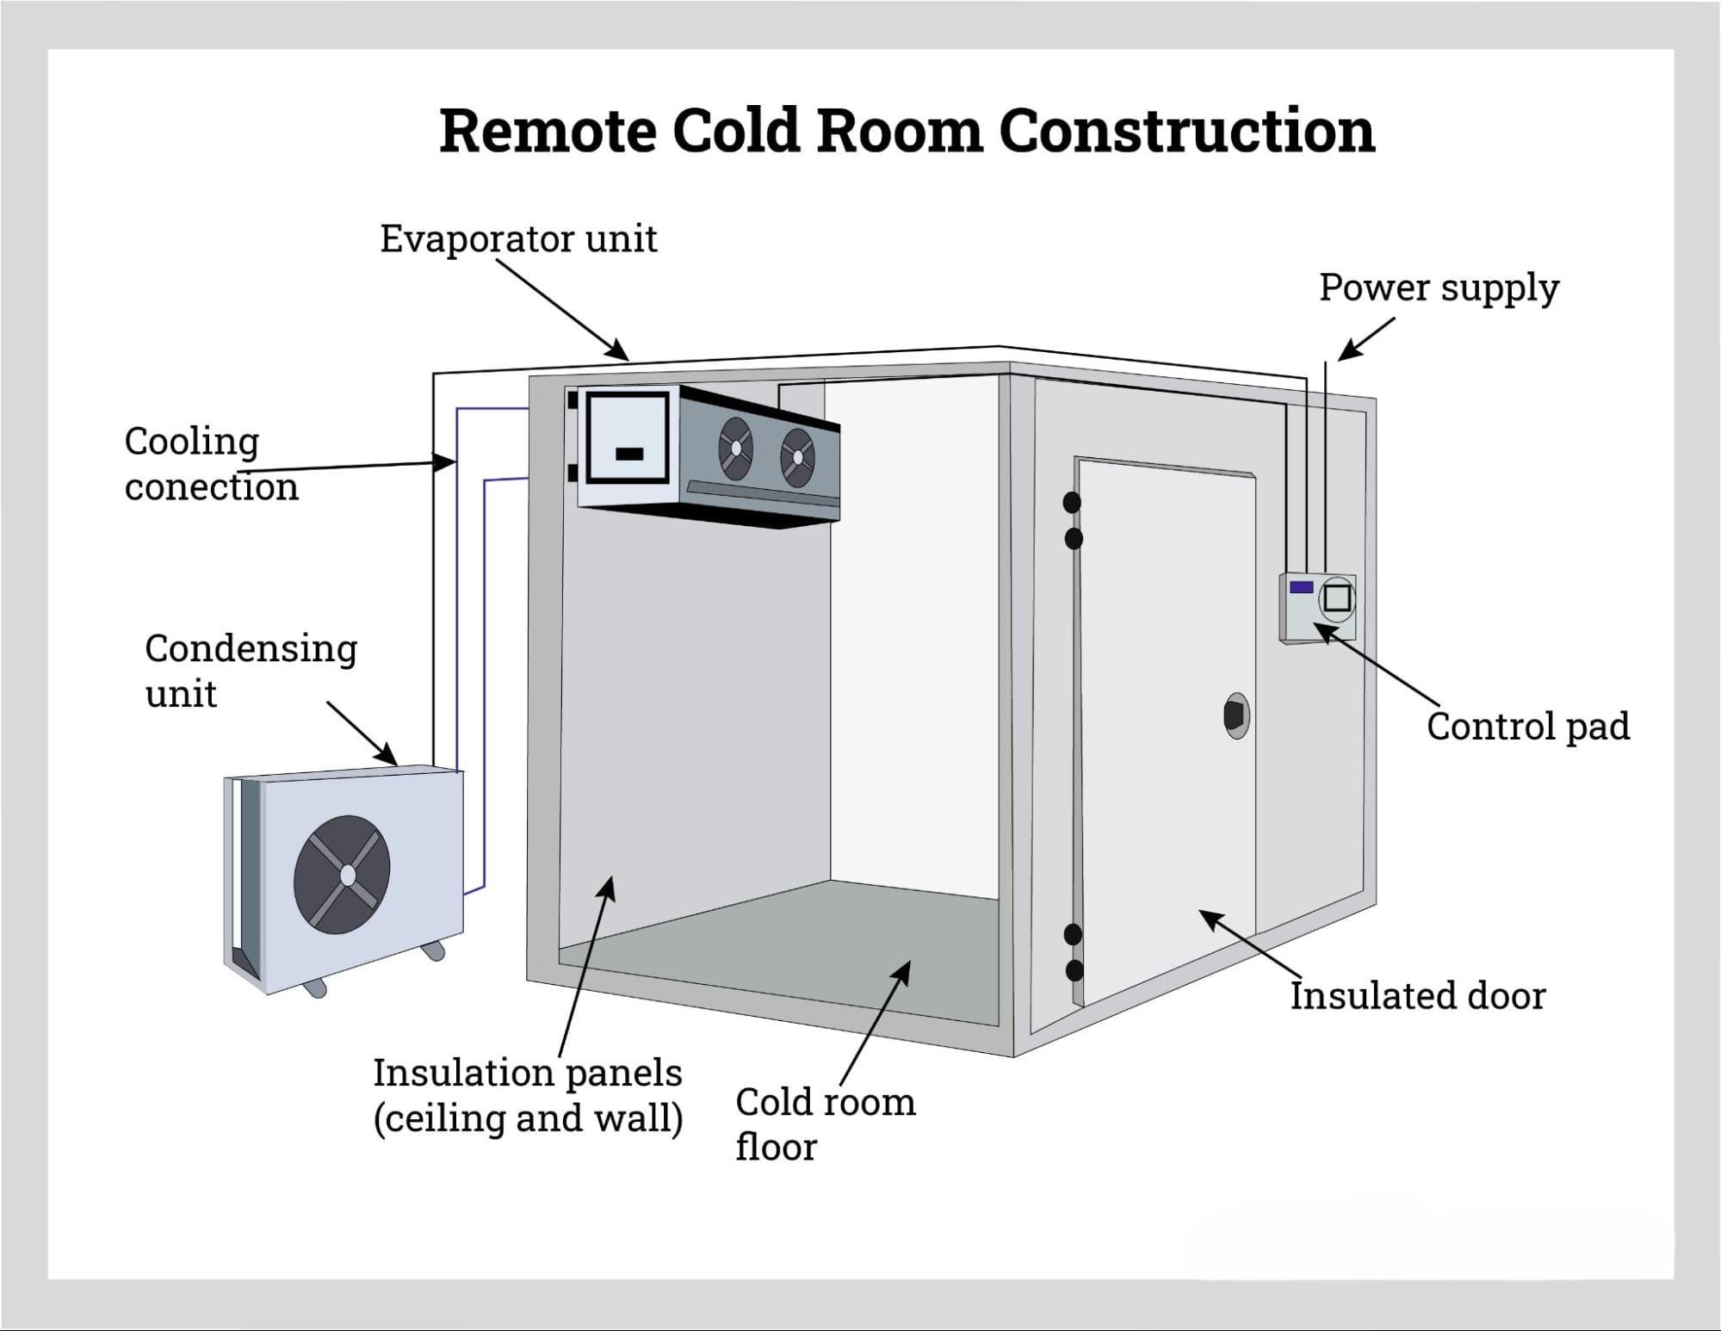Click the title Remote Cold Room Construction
pos(907,131)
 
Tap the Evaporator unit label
pos(518,238)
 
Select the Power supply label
pos(1439,288)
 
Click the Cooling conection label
pos(211,464)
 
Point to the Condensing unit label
pos(251,671)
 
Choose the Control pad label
pos(1527,726)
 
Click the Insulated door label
pos(1417,996)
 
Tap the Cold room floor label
pos(824,1124)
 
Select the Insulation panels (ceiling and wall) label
pos(527,1095)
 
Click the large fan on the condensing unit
pos(343,875)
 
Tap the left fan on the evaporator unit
pos(735,448)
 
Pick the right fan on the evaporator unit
pos(797,457)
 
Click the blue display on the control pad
pos(1302,587)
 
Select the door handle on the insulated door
pos(1236,715)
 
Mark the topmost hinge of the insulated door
pos(1072,502)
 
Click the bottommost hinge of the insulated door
pos(1074,971)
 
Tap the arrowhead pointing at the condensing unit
pos(393,761)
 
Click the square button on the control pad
pos(1337,597)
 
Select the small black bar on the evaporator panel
pos(629,454)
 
